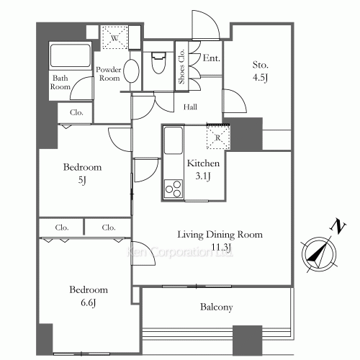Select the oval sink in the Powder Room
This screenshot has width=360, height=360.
coord(132,72)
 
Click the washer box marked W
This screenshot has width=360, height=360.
coord(113,37)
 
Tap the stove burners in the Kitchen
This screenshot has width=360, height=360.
coord(174,190)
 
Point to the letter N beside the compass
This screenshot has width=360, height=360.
coord(335,227)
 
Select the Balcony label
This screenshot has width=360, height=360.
coord(216,307)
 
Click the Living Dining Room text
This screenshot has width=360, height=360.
coord(220,235)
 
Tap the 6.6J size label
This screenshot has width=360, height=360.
coord(89,302)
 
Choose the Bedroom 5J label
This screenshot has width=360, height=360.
coord(82,174)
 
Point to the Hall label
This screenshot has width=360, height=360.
coord(190,107)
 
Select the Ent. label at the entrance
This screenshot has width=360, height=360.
coord(212,58)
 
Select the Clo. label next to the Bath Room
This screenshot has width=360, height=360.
coord(76,112)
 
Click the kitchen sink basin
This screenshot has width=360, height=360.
coord(174,140)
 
